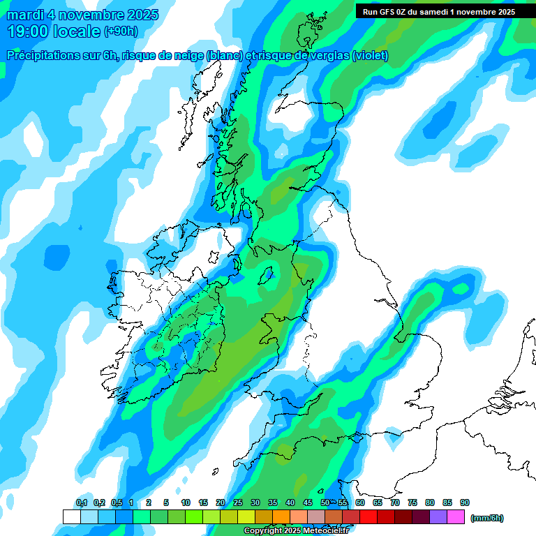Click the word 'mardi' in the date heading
tap(25, 15)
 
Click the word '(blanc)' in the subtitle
tap(224, 56)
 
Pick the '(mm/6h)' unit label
tap(486, 518)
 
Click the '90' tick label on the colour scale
tap(465, 503)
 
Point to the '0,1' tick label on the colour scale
tap(81, 503)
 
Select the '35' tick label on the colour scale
tap(273, 503)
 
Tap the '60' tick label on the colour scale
tap(360, 503)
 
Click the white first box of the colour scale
tap(71, 516)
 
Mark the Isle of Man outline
tap(267, 275)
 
